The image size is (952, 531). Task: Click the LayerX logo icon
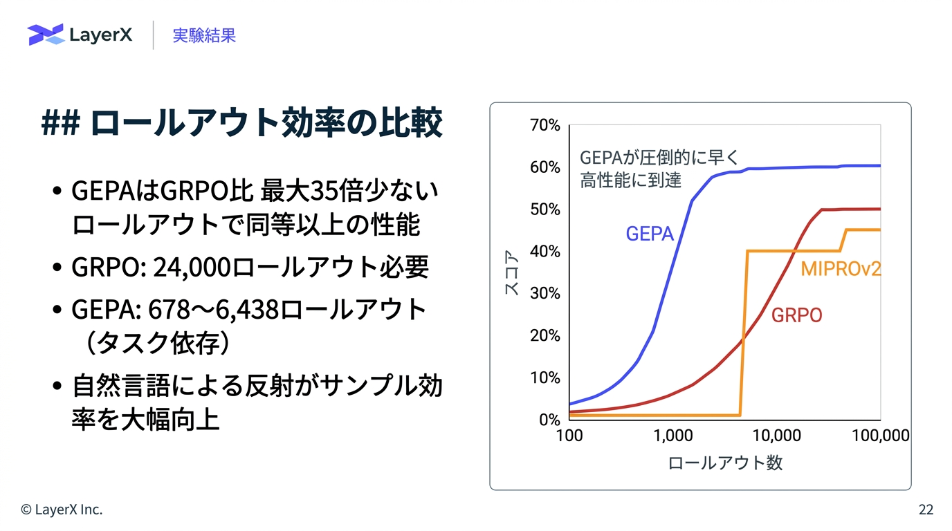click(46, 35)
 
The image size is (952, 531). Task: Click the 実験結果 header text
click(204, 35)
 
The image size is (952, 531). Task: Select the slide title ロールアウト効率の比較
click(266, 123)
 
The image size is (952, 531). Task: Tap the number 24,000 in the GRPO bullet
click(192, 267)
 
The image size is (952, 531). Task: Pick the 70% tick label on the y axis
click(545, 125)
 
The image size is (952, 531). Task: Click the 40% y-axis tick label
click(545, 252)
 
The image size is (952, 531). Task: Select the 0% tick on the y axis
click(549, 420)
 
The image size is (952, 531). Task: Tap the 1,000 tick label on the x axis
click(672, 436)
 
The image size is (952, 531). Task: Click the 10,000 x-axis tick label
click(776, 436)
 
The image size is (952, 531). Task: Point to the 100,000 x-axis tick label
click(879, 436)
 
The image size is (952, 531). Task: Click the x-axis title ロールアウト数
click(724, 463)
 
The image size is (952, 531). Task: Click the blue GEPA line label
click(650, 234)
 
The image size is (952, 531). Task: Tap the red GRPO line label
click(796, 316)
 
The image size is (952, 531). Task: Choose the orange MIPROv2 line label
click(841, 268)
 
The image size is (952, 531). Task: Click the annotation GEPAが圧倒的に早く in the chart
click(659, 158)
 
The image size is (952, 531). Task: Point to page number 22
click(926, 510)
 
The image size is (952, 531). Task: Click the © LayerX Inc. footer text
click(62, 510)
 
